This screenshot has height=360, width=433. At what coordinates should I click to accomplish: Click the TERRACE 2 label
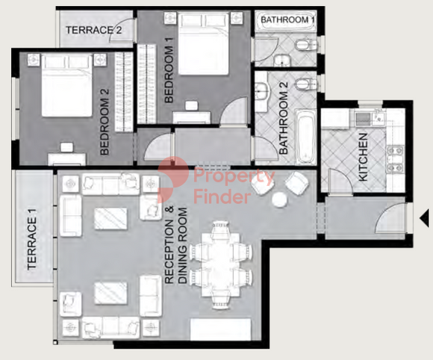93,30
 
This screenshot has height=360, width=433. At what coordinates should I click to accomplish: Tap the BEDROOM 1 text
169,70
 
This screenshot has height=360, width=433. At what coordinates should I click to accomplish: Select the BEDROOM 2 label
105,122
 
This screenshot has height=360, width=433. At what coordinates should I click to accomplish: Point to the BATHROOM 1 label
287,20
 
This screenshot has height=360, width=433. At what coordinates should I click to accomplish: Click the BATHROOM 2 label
284,118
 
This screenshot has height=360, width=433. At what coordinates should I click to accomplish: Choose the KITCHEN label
363,157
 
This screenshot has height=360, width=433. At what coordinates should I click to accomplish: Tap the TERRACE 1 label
32,239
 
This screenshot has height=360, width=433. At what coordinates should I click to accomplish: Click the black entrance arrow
424,218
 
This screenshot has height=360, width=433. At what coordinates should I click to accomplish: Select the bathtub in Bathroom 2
305,137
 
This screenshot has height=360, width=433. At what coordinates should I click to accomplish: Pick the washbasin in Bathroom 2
262,92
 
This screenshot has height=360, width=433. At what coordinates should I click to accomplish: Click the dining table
221,264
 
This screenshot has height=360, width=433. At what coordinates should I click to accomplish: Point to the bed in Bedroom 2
66,86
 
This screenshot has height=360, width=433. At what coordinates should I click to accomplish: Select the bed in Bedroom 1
204,44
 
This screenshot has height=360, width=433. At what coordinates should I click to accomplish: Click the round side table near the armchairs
280,199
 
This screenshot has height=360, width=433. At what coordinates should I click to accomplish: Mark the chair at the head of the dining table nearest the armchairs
221,228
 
